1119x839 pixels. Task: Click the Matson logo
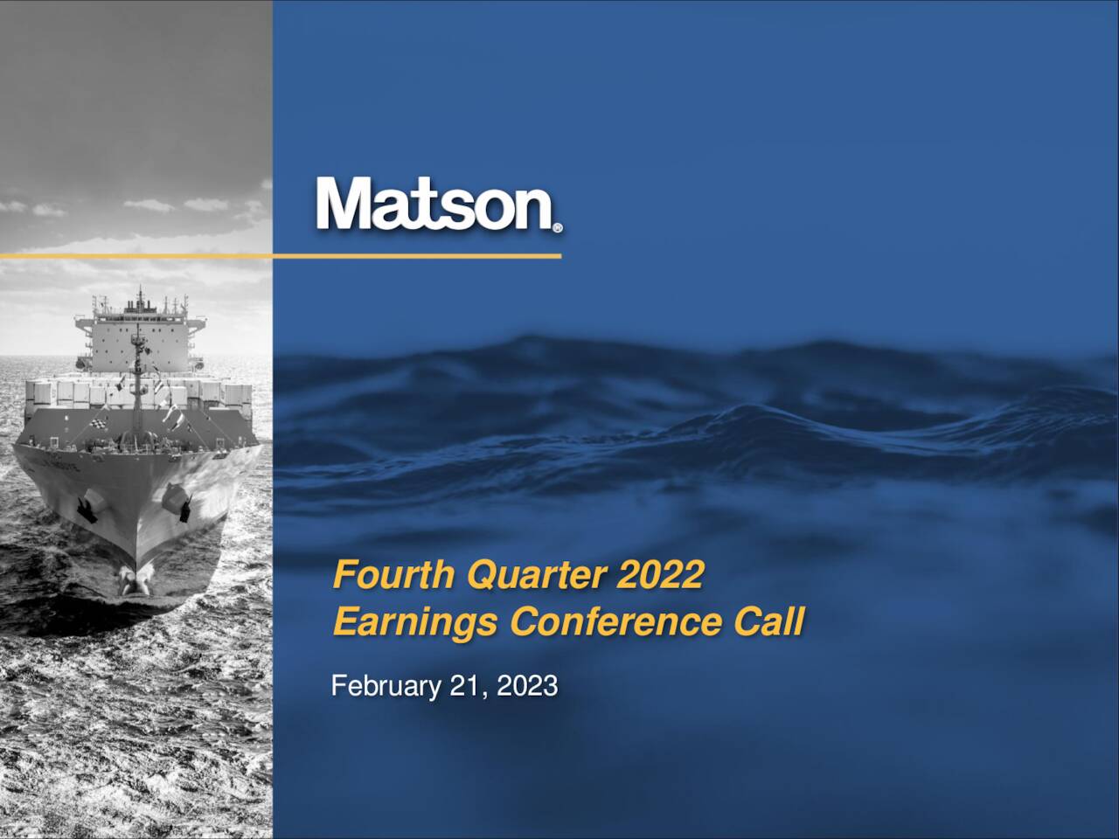(x=434, y=204)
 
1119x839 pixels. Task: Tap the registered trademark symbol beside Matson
(x=558, y=228)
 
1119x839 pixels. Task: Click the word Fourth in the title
(x=394, y=576)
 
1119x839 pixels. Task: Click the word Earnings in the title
(x=416, y=623)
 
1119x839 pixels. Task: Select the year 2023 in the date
(x=527, y=687)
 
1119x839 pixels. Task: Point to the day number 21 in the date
(x=464, y=687)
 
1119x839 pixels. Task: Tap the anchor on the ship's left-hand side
(x=86, y=510)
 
